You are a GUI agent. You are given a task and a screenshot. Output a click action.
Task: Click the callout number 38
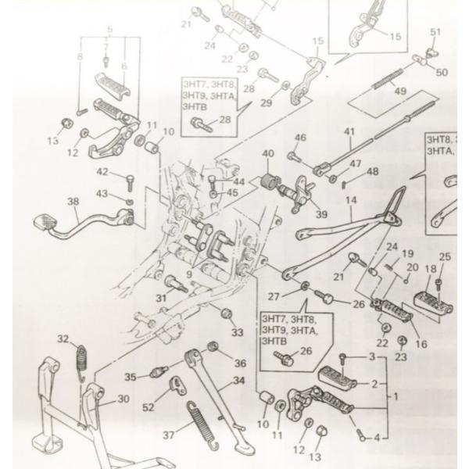click(73, 202)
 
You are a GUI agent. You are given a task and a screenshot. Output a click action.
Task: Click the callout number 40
click(268, 153)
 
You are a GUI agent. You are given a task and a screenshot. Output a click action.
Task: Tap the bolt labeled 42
click(129, 183)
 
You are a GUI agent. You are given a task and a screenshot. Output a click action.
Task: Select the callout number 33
click(237, 332)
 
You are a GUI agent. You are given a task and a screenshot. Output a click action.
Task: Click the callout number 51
click(435, 31)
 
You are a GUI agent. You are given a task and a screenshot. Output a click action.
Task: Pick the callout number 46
click(300, 138)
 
